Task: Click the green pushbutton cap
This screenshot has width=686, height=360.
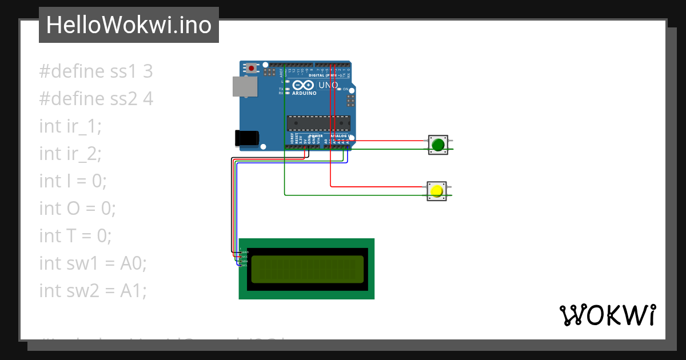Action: [x=438, y=145]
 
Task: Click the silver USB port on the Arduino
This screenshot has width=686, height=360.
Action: [x=244, y=86]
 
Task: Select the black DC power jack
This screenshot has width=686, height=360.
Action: [x=247, y=138]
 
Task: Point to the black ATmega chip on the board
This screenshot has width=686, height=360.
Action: [x=318, y=123]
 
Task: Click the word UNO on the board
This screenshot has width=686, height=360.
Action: [x=328, y=85]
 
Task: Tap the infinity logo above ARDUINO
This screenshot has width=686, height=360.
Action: [x=303, y=85]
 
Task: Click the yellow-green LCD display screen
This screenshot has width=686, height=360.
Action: [x=307, y=269]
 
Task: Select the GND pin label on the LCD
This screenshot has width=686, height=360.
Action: [x=245, y=252]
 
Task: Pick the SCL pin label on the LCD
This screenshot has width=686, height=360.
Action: [x=245, y=266]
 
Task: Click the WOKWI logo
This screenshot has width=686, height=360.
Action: [x=607, y=315]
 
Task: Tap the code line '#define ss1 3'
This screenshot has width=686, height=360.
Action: [x=96, y=71]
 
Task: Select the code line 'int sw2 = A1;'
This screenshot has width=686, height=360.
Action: [x=93, y=291]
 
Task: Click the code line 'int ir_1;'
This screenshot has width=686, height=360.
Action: [x=70, y=126]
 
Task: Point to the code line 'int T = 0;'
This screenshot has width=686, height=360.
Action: [x=75, y=236]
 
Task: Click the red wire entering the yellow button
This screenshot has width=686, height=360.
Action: [x=377, y=186]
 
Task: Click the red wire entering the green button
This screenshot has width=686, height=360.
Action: [x=389, y=141]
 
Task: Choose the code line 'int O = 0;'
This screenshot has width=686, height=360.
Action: [x=77, y=209]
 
